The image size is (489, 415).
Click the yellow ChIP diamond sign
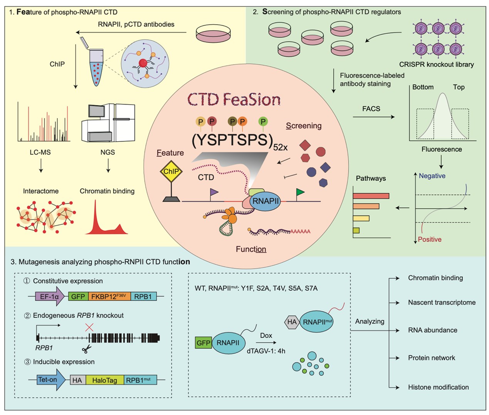click(171, 171)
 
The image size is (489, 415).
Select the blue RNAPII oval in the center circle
click(266, 201)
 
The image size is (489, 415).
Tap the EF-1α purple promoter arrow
click(50, 297)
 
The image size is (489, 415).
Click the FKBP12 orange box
click(109, 297)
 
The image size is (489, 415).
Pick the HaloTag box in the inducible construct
click(104, 380)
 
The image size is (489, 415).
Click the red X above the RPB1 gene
click(89, 327)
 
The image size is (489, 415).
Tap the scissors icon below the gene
click(87, 349)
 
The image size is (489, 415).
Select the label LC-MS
click(40, 152)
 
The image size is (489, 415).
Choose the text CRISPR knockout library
click(436, 64)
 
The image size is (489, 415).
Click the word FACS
click(371, 109)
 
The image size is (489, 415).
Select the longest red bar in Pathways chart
click(371, 196)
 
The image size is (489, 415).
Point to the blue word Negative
click(432, 176)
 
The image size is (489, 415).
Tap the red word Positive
click(430, 240)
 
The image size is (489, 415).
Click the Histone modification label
click(438, 387)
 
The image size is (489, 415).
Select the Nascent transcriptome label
click(442, 303)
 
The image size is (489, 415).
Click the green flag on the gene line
click(300, 192)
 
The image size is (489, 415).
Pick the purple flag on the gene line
click(214, 192)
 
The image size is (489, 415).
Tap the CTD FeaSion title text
click(234, 100)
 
